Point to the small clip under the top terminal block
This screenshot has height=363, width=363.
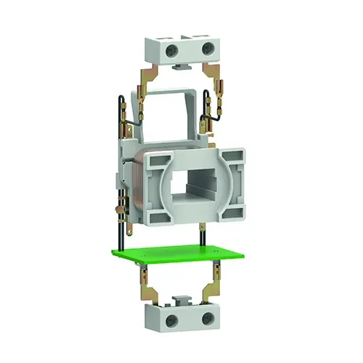[181, 67]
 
